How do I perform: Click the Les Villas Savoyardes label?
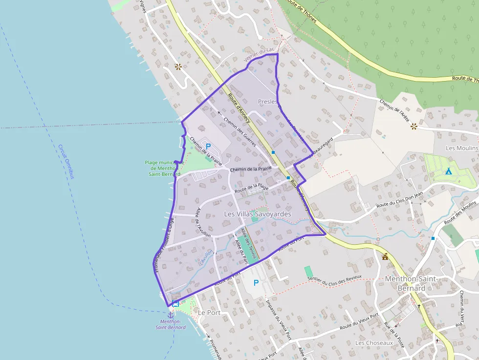(x=257, y=214)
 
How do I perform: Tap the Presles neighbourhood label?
(x=267, y=102)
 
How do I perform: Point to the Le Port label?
(x=209, y=313)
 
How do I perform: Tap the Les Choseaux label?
(x=374, y=343)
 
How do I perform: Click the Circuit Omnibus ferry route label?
(x=65, y=161)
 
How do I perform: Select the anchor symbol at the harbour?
(x=171, y=315)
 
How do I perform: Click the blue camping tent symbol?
(x=448, y=171)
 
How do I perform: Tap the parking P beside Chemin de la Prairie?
(x=208, y=146)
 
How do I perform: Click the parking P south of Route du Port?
(x=256, y=283)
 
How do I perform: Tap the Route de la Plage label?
(x=252, y=187)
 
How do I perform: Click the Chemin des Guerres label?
(x=239, y=131)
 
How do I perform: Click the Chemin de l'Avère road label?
(x=394, y=106)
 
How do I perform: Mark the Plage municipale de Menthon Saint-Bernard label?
(x=164, y=168)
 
